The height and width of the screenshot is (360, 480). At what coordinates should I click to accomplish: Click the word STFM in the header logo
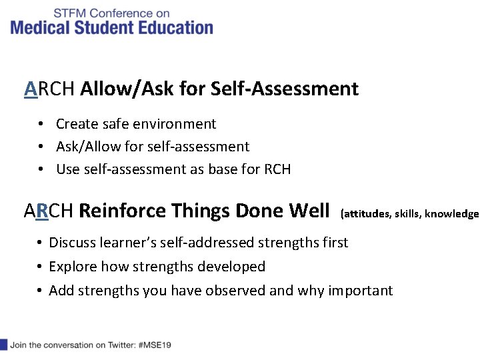click(69, 13)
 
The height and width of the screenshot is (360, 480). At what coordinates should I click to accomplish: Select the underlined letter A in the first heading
click(30, 89)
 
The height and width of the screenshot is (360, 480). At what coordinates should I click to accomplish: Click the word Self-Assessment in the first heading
click(285, 89)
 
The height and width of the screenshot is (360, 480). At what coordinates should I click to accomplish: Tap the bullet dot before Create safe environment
click(41, 124)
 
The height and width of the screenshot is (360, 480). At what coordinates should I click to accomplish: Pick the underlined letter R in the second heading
click(41, 211)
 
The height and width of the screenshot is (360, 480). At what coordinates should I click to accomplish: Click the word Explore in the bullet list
click(73, 267)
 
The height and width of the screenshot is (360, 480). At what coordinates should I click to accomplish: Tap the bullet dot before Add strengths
click(41, 291)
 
